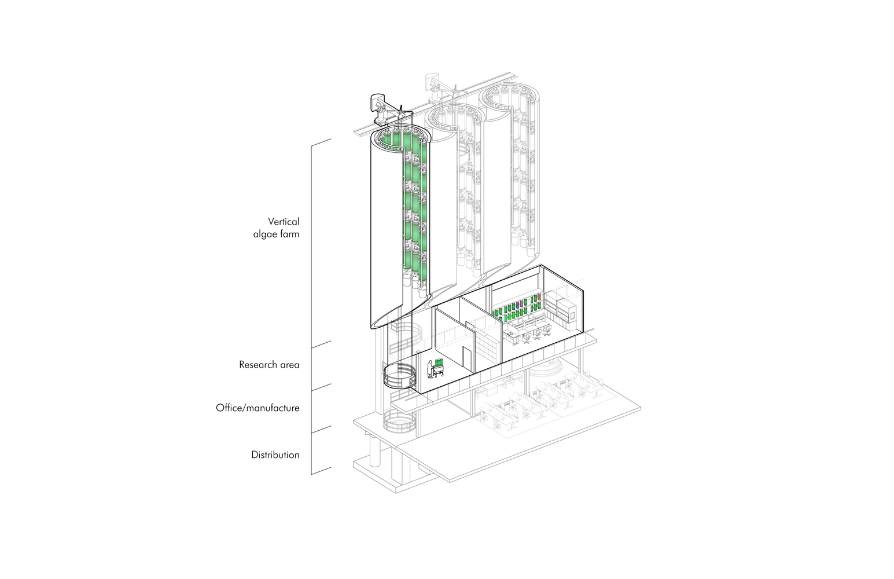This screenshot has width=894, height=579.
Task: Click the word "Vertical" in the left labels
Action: [284, 221]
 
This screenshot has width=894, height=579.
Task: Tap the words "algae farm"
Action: [276, 234]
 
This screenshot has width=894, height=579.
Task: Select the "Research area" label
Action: [269, 365]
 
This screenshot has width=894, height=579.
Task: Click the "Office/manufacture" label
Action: [257, 408]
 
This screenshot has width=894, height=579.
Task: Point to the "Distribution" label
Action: [275, 455]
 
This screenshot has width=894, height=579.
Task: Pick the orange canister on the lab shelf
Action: [539, 297]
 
